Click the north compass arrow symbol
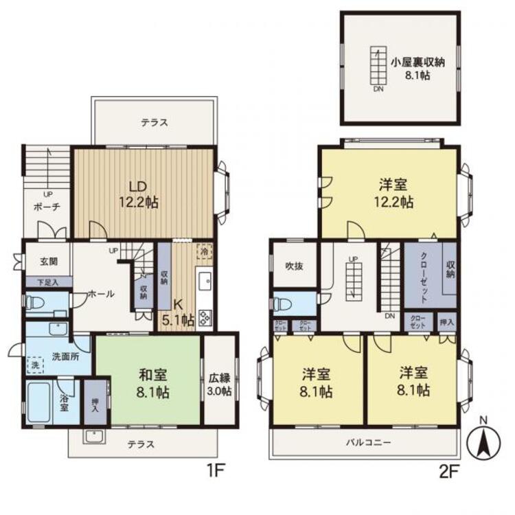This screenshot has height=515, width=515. pyautogui.click(x=483, y=442)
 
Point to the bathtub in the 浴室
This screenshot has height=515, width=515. pyautogui.click(x=41, y=404)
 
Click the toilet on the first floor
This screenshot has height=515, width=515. pyautogui.click(x=36, y=303)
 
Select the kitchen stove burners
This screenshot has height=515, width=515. pyautogui.click(x=205, y=317)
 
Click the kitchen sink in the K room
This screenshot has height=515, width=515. pyautogui.click(x=205, y=281)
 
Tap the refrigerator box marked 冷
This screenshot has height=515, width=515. pyautogui.click(x=204, y=251)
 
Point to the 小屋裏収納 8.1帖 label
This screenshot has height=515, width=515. pyautogui.click(x=418, y=68)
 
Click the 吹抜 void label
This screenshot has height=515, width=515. pyautogui.click(x=294, y=266)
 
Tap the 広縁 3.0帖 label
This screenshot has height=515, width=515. pyautogui.click(x=220, y=385)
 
